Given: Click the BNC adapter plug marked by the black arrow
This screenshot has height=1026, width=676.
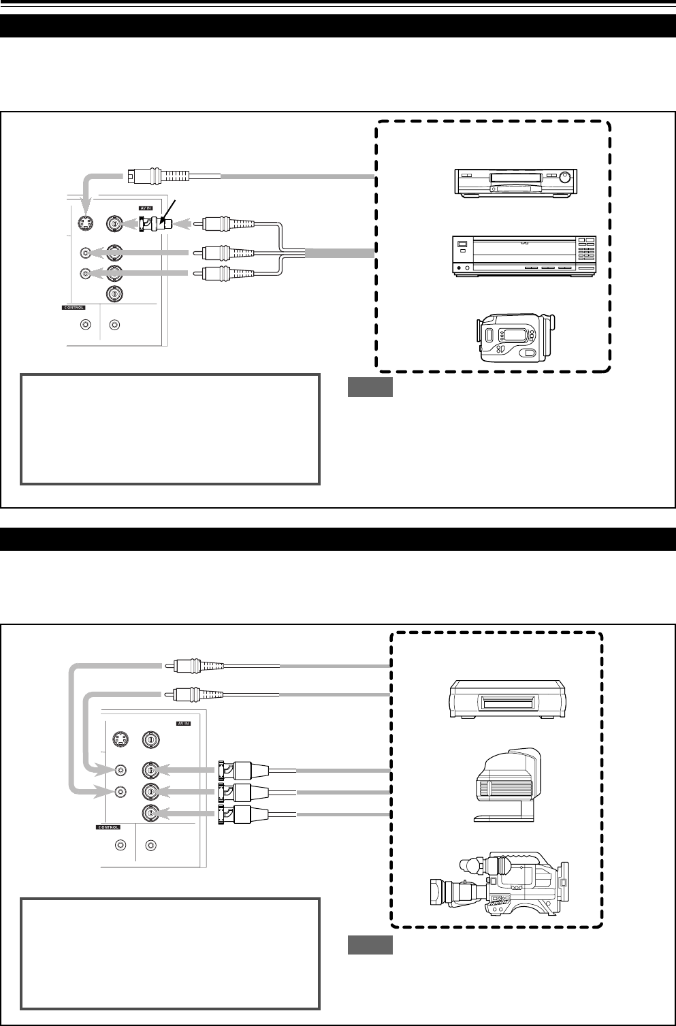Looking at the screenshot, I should (155, 223).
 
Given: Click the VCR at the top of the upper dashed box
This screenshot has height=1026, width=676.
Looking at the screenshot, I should (515, 182).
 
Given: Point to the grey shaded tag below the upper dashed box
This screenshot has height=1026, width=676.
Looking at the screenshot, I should (370, 387).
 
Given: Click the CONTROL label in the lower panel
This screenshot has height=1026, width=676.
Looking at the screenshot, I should (106, 828).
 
